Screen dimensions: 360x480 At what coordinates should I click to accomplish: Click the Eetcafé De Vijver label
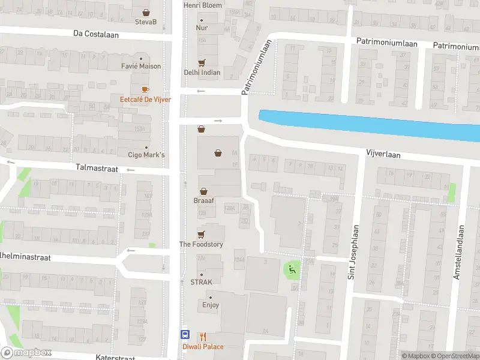(x=146, y=99)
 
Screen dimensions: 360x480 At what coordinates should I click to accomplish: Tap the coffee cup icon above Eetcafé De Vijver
(x=146, y=89)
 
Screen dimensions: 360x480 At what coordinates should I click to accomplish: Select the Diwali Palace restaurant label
(x=203, y=347)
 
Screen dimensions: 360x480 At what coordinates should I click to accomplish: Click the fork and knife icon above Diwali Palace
(x=203, y=337)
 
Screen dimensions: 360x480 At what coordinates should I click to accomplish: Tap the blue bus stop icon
(x=185, y=335)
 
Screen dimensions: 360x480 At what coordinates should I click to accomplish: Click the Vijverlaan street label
(x=383, y=154)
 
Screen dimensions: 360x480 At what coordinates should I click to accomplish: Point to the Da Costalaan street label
(x=96, y=34)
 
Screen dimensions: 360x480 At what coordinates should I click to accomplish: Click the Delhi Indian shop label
(x=202, y=73)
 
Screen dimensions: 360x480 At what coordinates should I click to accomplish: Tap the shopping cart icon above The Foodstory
(x=201, y=234)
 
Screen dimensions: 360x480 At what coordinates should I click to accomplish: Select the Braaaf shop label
(x=203, y=201)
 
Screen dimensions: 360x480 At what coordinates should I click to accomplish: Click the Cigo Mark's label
(x=146, y=155)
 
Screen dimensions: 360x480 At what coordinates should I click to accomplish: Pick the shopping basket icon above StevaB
(x=146, y=12)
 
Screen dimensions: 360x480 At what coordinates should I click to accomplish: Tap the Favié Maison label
(x=141, y=66)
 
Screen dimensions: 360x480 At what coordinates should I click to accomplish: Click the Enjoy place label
(x=211, y=305)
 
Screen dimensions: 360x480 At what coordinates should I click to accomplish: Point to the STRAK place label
(x=202, y=281)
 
